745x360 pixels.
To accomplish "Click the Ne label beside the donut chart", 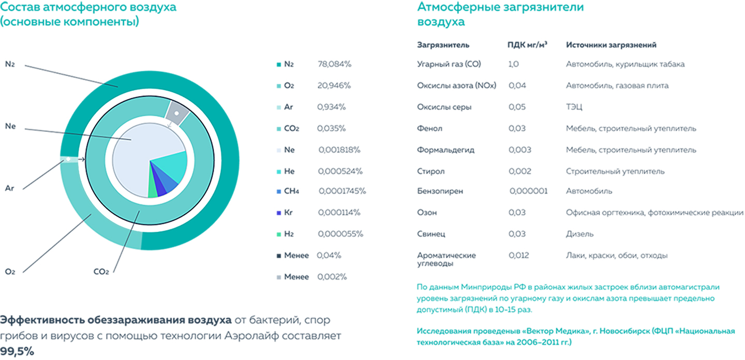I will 10,126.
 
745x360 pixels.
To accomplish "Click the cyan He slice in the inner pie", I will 168,166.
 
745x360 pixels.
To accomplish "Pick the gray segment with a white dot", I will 176,113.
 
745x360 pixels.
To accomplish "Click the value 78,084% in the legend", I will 335,64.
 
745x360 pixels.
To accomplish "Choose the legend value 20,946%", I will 335,85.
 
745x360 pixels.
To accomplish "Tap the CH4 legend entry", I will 291,191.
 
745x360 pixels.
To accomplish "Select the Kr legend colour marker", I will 278,213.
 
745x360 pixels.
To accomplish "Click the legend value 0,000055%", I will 340,234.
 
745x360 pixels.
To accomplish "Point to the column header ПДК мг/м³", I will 527,45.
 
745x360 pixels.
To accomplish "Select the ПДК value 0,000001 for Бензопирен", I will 528,191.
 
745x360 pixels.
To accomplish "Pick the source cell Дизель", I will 579,234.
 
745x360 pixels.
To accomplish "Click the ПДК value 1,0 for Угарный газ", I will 513,64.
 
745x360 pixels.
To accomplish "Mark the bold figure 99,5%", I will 17,351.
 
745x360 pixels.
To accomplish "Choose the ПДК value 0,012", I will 518,255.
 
